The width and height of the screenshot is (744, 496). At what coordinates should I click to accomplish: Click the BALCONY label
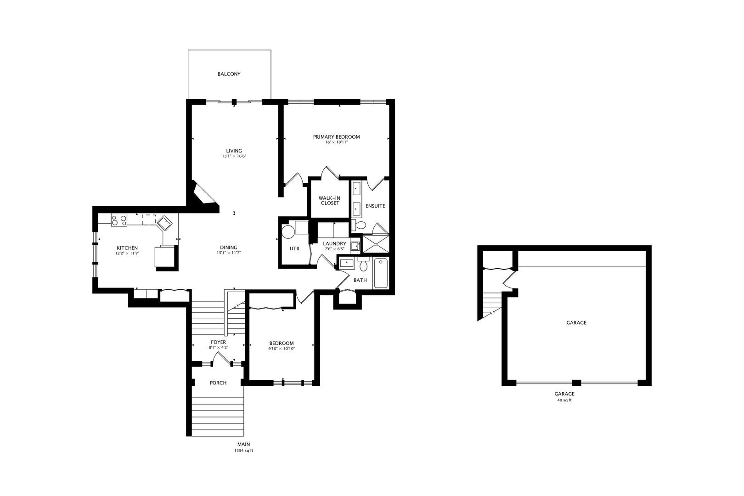click(x=229, y=74)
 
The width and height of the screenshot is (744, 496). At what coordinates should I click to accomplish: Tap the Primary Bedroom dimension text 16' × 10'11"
click(x=336, y=142)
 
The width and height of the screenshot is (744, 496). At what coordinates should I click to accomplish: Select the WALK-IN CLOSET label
click(x=330, y=200)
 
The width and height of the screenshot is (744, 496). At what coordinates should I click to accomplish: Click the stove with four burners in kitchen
click(x=119, y=220)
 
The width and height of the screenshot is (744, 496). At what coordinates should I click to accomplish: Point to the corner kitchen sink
click(x=165, y=224)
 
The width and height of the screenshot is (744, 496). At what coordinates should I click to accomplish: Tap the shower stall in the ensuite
click(x=376, y=243)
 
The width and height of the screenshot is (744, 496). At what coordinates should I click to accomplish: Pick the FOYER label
click(x=218, y=342)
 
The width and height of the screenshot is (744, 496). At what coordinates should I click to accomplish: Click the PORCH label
click(x=218, y=383)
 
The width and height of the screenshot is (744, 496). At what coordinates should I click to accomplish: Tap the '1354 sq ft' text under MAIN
click(x=243, y=451)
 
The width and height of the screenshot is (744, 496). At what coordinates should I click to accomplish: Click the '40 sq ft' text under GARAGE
click(x=564, y=400)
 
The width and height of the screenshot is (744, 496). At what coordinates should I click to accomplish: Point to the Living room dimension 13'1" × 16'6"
click(x=234, y=156)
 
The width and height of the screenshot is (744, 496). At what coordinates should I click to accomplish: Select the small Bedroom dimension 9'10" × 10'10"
click(x=281, y=349)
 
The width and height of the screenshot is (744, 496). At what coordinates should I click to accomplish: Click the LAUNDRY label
click(x=334, y=243)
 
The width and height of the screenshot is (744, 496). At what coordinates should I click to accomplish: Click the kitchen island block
click(x=165, y=257)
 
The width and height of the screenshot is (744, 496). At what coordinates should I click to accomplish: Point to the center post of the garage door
click(x=577, y=383)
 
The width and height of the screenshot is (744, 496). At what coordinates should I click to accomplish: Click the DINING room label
click(x=229, y=248)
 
